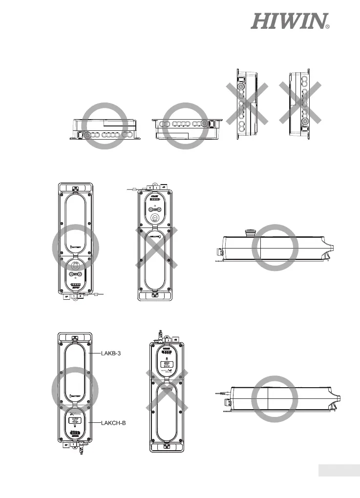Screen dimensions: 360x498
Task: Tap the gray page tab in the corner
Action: [339, 470]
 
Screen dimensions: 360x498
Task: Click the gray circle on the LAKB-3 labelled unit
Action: [75, 389]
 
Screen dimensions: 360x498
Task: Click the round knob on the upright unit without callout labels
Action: [75, 266]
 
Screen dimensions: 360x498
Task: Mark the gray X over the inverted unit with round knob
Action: [155, 248]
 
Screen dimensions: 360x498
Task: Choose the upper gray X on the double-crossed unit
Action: [167, 382]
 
